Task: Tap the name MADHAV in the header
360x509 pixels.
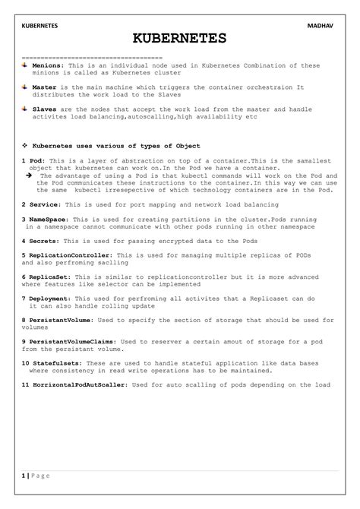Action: click(322, 25)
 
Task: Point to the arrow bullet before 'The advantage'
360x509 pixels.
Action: click(29, 175)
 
